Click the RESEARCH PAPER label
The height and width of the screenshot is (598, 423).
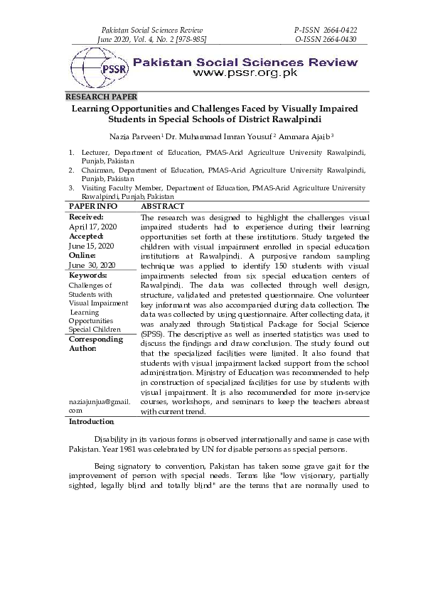coord(101,96)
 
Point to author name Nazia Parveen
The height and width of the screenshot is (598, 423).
coord(135,135)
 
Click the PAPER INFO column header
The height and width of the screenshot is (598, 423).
coord(92,206)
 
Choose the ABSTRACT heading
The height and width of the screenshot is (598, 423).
coord(163,206)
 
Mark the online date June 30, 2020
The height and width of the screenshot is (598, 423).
coord(92,265)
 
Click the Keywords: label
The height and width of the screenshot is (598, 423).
coord(87,275)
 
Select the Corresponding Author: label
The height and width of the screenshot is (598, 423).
coord(96,344)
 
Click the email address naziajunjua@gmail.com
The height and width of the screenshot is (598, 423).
coord(100,406)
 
